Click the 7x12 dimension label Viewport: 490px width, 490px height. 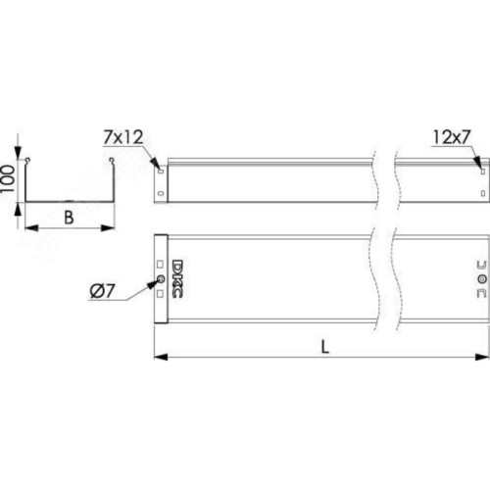point(123,137)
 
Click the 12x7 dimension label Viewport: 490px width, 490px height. point(452,137)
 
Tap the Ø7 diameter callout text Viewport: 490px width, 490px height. point(102,291)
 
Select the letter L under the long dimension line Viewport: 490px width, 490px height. point(324,347)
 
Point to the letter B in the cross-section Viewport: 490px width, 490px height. point(69,218)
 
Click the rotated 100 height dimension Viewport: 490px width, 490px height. point(8,178)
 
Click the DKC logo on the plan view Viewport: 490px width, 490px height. point(177,278)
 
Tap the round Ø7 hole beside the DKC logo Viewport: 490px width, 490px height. point(161,279)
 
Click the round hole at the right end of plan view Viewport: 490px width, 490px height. point(482,279)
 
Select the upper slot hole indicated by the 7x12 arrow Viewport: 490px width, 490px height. point(161,171)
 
